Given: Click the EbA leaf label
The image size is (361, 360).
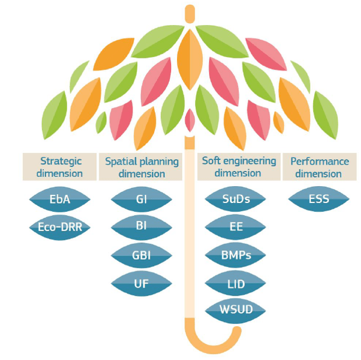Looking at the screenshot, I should click(x=59, y=200).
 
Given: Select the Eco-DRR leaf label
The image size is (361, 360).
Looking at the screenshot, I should click(x=59, y=227).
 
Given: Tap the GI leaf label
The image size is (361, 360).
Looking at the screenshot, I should click(x=141, y=200).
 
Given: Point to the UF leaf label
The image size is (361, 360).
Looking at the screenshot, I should click(x=141, y=282).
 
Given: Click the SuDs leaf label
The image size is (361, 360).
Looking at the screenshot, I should click(x=237, y=200).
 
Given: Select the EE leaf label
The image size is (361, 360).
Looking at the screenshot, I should click(x=237, y=227).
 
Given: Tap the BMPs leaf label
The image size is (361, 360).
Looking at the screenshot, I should click(x=237, y=255).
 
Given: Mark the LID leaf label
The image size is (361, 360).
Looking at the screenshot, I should click(x=237, y=282).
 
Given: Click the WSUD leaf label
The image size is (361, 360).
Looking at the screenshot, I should click(x=237, y=309).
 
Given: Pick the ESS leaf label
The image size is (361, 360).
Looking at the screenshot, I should click(x=318, y=200).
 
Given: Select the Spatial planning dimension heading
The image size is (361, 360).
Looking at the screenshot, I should click(x=141, y=167).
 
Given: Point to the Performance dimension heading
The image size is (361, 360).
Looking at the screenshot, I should click(x=319, y=167).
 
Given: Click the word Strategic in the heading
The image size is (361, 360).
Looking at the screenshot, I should click(x=61, y=161).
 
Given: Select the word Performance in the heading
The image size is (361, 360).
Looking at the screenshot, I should click(x=320, y=161).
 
